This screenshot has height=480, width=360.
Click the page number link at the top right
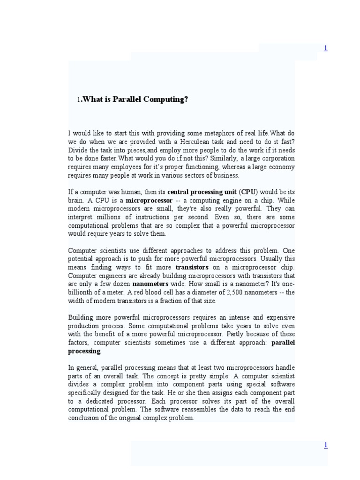[325, 48]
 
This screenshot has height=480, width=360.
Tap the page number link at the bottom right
[325, 445]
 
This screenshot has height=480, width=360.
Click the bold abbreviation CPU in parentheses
[249, 192]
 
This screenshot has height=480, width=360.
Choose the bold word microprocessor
[149, 201]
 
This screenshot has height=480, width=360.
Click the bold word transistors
[191, 267]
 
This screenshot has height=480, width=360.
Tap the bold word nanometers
[150, 284]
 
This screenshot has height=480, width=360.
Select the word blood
[137, 292]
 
